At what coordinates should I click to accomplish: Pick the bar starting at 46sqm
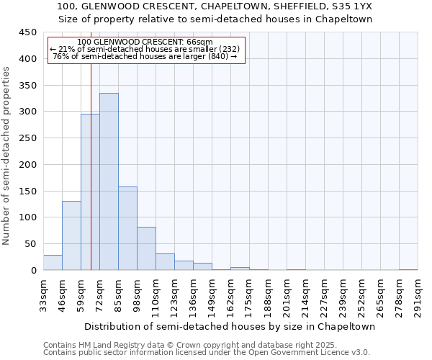click(71, 235)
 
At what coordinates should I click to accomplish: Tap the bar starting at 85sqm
click(127, 228)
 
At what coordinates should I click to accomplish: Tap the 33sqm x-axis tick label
click(44, 294)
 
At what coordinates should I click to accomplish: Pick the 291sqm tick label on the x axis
click(418, 294)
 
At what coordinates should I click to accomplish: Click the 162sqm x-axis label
click(231, 294)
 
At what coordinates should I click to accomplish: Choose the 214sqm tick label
click(306, 294)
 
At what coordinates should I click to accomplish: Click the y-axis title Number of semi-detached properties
click(6, 156)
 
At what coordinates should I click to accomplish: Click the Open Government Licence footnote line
click(206, 352)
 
